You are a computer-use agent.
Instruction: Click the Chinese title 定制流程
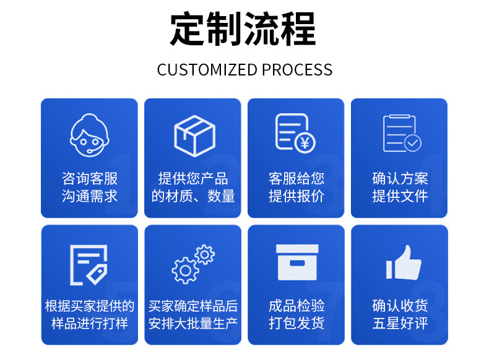point(243,29)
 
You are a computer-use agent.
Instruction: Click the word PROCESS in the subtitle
point(297,69)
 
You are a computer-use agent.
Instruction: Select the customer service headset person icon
point(90,136)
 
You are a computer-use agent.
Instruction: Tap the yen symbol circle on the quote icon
point(304,143)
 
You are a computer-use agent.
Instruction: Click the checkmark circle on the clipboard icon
point(412,144)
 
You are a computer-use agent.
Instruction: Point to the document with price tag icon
point(89,265)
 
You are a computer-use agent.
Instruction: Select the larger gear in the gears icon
point(184,270)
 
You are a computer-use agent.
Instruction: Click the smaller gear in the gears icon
point(204,254)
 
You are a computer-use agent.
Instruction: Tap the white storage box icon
point(296,262)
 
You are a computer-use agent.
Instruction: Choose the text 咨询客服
point(90,179)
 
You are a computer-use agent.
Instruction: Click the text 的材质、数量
point(193,196)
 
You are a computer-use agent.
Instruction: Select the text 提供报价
point(296,196)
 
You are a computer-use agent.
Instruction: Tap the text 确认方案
point(400,179)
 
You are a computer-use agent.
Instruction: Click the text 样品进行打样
point(90,323)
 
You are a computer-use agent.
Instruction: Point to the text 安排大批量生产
point(193,323)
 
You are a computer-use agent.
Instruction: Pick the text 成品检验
point(296,306)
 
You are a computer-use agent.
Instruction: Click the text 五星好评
point(400,323)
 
